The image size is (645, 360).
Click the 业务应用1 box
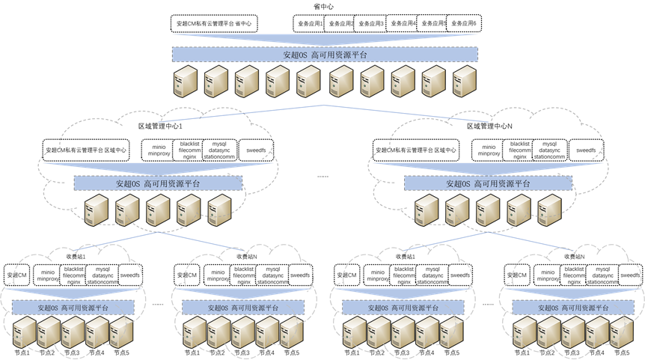tap(308, 24)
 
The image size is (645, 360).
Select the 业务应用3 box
tap(370, 24)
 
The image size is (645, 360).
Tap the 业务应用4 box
tap(403, 24)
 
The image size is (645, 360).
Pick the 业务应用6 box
tap(465, 24)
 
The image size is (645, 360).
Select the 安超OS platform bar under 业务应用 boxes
tap(325, 55)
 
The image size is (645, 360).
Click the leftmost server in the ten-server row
tap(186, 82)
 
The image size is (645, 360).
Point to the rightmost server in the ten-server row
tap(463, 82)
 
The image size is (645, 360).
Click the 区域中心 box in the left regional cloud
tap(85, 150)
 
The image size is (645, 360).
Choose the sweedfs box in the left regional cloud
tap(255, 150)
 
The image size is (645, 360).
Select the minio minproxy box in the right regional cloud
tap(488, 150)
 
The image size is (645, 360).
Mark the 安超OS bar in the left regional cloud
tap(157, 183)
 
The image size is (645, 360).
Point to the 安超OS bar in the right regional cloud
tap(488, 183)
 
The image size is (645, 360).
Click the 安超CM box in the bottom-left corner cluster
tap(17, 275)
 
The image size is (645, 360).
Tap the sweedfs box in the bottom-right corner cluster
tap(630, 275)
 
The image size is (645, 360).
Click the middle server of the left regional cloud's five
tap(158, 211)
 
